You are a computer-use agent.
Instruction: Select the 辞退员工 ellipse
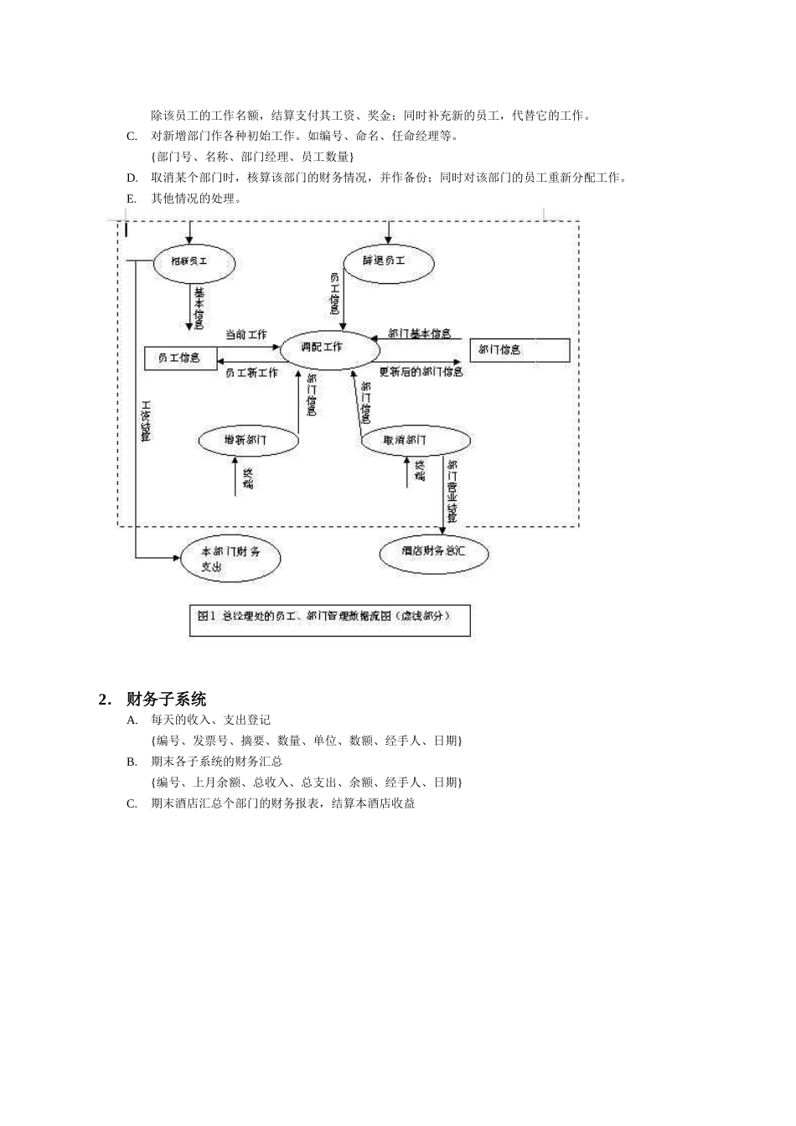click(x=388, y=261)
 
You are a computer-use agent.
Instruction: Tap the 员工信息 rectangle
click(x=180, y=358)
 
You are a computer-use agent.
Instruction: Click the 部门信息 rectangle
click(x=519, y=350)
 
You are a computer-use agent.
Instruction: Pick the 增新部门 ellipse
click(x=249, y=440)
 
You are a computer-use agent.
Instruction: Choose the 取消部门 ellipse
click(x=415, y=440)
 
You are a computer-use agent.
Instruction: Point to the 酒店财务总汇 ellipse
click(x=433, y=552)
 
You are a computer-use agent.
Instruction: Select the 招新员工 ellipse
click(x=194, y=262)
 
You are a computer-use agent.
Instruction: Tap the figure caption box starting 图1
click(x=329, y=620)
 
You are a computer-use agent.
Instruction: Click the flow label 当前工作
click(x=246, y=335)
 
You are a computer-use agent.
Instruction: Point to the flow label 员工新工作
click(x=251, y=373)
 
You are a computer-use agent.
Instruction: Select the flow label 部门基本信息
click(x=419, y=334)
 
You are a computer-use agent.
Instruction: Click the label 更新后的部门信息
click(x=421, y=372)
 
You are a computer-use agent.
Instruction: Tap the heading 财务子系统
click(x=166, y=699)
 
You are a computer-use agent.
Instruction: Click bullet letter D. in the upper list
click(x=132, y=178)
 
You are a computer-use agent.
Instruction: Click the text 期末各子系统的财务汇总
click(x=216, y=762)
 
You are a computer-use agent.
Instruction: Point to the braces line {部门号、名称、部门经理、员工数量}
click(x=252, y=157)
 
